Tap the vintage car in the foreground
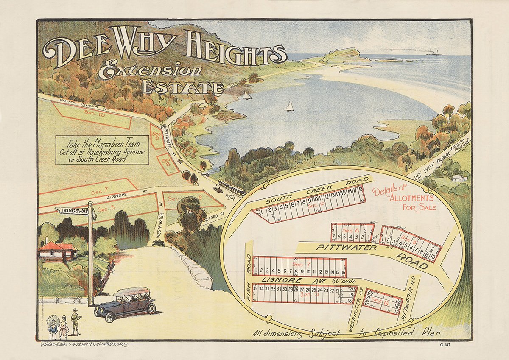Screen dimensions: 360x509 pyautogui.click(x=125, y=302)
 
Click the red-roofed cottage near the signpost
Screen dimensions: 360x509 pyautogui.click(x=57, y=251)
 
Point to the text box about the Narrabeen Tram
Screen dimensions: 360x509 pyautogui.click(x=102, y=150)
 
